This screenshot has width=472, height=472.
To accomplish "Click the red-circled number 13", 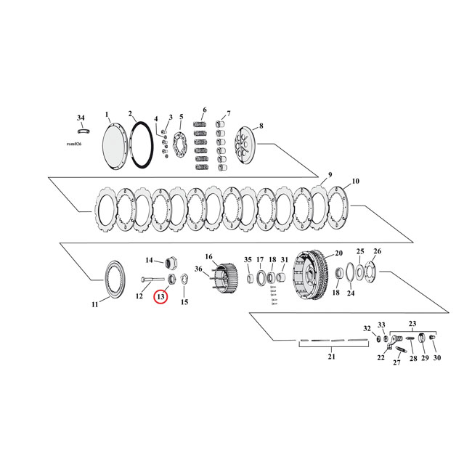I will click(160, 296).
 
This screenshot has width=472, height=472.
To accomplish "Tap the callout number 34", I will click(81, 118).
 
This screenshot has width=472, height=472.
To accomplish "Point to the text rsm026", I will click(76, 145).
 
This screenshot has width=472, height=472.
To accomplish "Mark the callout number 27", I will click(397, 363).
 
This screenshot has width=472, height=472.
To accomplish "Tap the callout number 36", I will click(198, 269).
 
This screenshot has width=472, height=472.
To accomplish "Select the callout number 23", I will click(412, 324).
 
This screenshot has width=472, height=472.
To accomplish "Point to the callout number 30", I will click(436, 359).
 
